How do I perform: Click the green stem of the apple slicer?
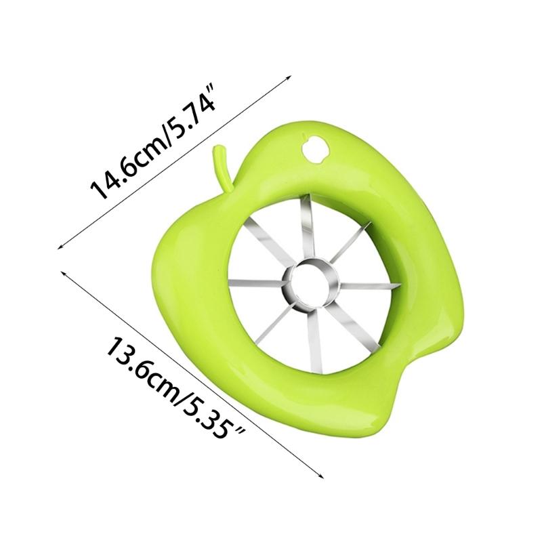click(x=221, y=165)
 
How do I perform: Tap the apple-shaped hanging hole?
click(x=315, y=150)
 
